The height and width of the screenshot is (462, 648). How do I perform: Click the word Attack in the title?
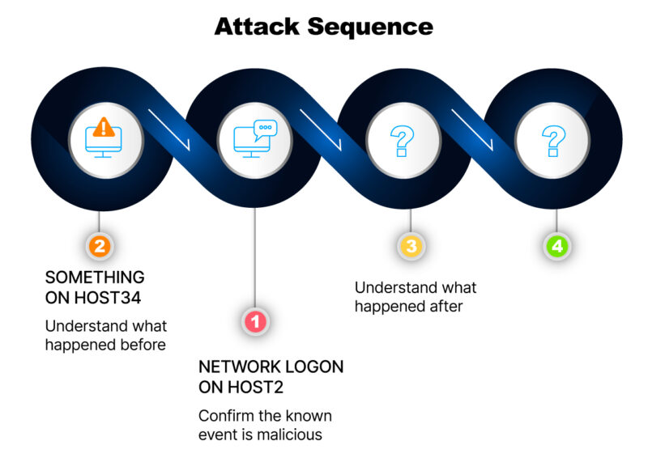[x=257, y=27]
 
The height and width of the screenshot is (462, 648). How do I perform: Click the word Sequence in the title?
[x=370, y=28]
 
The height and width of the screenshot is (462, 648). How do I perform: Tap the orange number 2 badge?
[x=100, y=246]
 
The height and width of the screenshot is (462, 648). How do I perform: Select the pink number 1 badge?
[x=255, y=321]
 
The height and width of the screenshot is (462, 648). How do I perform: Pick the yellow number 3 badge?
[x=411, y=246]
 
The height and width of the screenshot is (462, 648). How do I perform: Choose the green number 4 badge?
[x=557, y=246]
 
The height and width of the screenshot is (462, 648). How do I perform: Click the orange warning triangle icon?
[x=104, y=127]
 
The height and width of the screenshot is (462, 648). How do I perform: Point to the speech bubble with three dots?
[x=265, y=129]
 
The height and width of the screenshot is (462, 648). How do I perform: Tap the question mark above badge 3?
[x=402, y=141]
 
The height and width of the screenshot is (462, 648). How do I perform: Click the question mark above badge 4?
[x=553, y=141]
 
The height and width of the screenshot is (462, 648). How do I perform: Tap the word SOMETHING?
[x=95, y=277]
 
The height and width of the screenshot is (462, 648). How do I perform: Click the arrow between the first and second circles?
[x=169, y=129]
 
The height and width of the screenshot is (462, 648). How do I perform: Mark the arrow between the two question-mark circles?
[x=472, y=129]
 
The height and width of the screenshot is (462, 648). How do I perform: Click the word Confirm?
[x=224, y=416]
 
